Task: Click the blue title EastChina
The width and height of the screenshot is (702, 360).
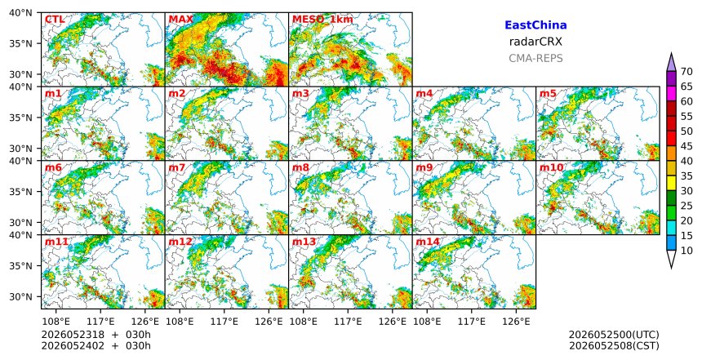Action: [535, 25]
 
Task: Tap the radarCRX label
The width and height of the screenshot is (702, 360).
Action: [535, 42]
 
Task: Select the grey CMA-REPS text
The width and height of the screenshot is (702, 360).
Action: [535, 58]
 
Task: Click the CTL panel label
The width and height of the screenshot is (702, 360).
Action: [55, 20]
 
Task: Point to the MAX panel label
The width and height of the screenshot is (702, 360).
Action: [181, 20]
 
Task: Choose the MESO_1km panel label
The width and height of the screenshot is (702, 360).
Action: [322, 20]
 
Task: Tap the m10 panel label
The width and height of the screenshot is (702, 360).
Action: [552, 167]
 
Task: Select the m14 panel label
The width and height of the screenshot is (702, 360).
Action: [428, 242]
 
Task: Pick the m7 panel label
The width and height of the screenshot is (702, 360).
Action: [177, 167]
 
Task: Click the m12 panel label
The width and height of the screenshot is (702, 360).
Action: [180, 242]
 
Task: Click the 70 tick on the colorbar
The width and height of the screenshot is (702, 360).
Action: [685, 72]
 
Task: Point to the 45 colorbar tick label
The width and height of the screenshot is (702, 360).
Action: [685, 146]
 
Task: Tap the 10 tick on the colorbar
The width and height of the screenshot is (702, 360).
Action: [685, 251]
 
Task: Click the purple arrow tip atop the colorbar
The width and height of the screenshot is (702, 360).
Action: [671, 53]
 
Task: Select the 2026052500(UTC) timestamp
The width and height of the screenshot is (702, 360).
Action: [614, 335]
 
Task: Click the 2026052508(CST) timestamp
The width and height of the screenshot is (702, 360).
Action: [614, 345]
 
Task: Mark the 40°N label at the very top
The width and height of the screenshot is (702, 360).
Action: [20, 13]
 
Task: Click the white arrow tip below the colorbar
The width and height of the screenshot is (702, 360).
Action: [671, 268]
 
